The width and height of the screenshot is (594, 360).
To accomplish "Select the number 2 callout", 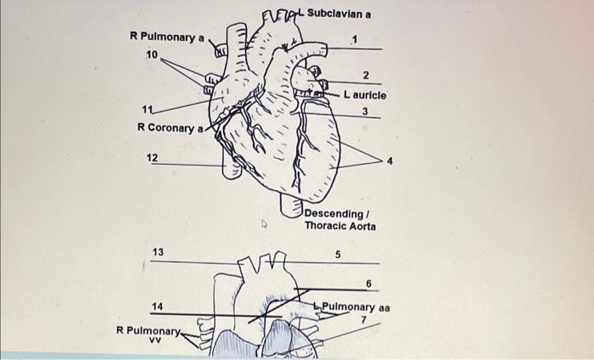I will [365, 76].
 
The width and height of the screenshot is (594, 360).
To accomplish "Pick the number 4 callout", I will [389, 159].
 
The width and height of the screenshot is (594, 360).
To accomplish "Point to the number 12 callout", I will [152, 158].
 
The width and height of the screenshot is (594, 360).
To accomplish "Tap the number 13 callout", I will [158, 253].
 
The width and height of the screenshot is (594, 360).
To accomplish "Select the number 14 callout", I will [158, 306].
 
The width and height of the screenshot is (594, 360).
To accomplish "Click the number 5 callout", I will [337, 254].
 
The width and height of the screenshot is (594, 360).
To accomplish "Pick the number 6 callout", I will [368, 283].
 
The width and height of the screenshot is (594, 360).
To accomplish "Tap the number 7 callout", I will [362, 319].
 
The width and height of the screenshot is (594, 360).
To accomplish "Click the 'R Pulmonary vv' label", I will [149, 334].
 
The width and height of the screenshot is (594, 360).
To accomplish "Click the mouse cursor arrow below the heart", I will [264, 226].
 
